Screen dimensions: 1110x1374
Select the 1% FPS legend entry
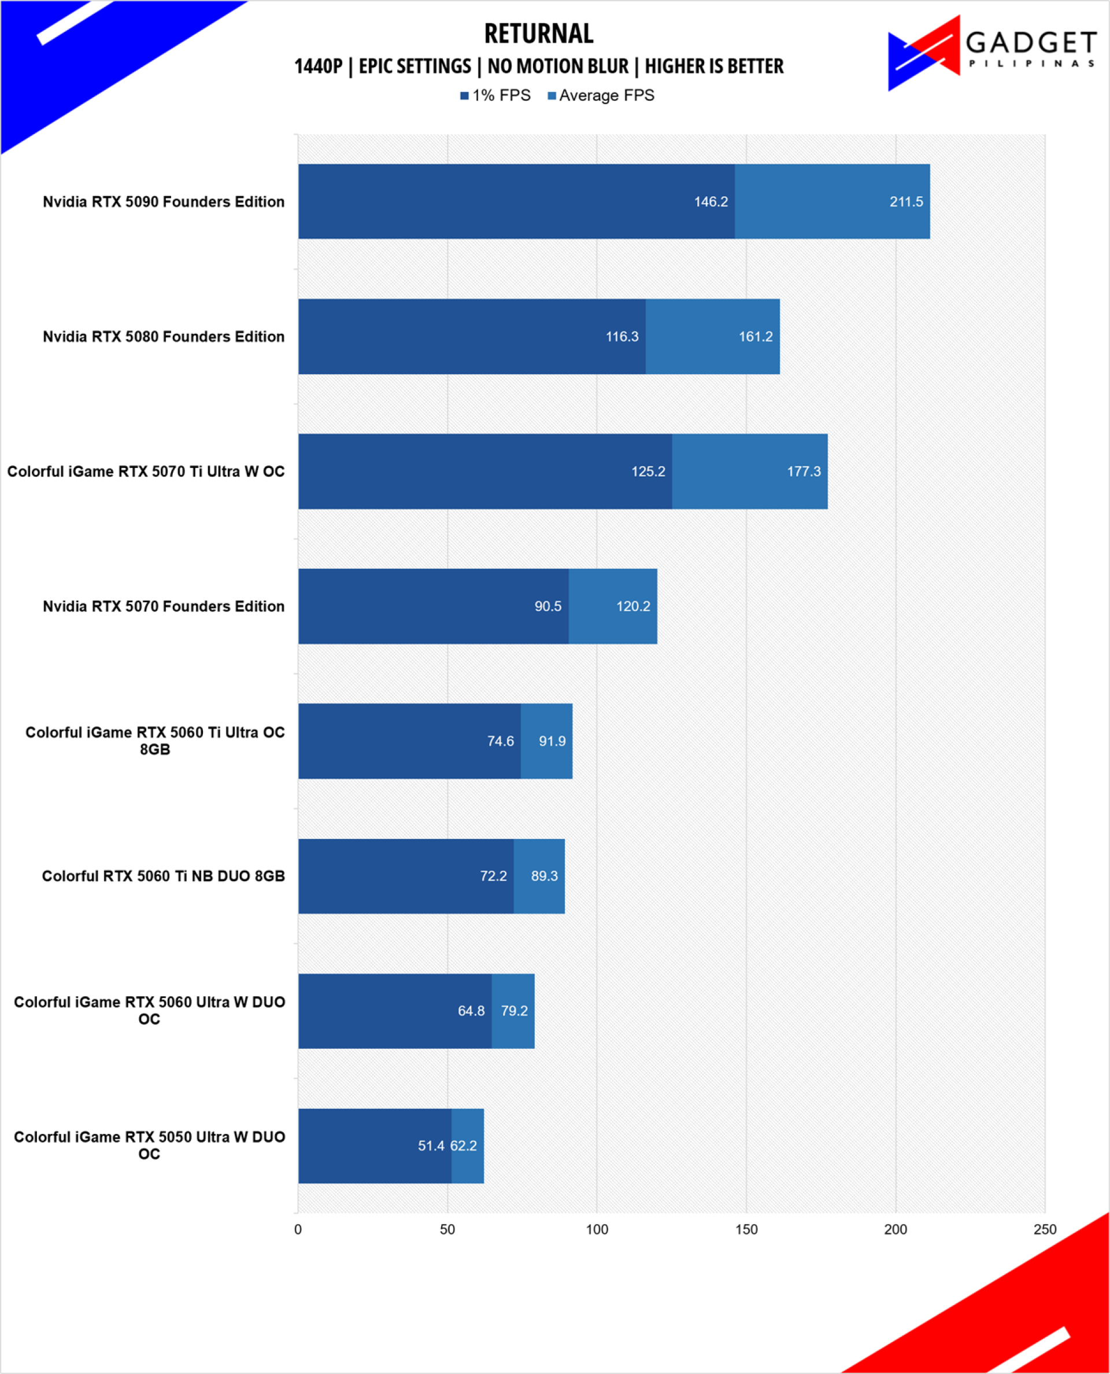pos(495,95)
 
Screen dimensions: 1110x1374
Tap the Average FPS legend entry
pos(601,95)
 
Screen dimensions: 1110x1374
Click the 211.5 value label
pos(906,201)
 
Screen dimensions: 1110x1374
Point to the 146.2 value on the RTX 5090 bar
pos(711,201)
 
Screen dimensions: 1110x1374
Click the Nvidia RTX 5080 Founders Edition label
pos(164,337)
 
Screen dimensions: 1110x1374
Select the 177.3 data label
pos(804,471)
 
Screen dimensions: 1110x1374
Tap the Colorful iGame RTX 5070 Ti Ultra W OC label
pos(146,471)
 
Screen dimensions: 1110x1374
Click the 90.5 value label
pos(548,606)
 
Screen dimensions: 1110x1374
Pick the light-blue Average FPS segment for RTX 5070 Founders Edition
pos(613,606)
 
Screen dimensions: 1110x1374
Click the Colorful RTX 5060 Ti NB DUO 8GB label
pos(164,876)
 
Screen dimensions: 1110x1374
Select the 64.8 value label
pos(471,1011)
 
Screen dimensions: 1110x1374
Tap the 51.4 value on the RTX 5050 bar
pos(431,1145)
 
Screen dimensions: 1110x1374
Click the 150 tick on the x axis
pos(746,1229)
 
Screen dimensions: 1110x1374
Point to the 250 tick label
pos(1045,1229)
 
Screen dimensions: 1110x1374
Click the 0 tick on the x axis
pos(298,1229)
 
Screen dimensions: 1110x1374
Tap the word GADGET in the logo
pos(1031,43)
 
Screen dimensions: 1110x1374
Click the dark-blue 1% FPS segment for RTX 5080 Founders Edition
pos(472,337)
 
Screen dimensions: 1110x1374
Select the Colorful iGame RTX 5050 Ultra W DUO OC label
pos(150,1145)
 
